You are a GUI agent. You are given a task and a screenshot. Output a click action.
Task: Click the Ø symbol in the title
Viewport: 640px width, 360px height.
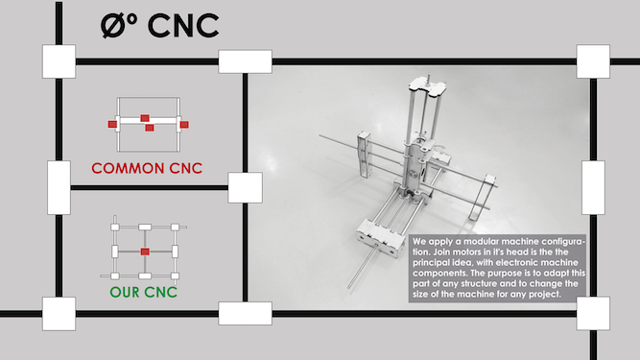(114, 26)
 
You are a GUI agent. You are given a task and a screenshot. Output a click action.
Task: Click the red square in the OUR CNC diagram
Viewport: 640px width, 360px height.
(145, 252)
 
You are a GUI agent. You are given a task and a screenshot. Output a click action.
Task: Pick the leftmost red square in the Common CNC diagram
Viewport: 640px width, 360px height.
(112, 124)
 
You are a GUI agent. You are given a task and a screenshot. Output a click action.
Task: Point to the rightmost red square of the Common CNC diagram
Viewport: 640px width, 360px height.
(184, 125)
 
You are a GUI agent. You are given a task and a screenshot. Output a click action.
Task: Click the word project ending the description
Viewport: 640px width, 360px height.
(545, 295)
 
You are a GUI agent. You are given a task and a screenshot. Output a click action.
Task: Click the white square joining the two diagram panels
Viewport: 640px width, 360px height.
(245, 188)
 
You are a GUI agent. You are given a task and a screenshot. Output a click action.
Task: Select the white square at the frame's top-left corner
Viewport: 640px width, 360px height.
(59, 61)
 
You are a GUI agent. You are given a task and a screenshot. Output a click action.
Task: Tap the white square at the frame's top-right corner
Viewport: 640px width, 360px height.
(593, 61)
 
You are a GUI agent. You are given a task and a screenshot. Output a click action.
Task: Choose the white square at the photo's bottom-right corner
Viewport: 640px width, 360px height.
(593, 314)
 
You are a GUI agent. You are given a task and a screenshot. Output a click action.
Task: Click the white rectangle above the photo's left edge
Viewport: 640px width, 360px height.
(245, 61)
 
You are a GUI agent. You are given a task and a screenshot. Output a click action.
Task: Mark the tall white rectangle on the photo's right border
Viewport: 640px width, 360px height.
(593, 188)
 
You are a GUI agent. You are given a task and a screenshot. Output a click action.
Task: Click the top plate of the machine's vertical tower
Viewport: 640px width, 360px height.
(428, 85)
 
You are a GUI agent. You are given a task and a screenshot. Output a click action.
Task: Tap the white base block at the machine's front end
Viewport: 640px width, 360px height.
(377, 237)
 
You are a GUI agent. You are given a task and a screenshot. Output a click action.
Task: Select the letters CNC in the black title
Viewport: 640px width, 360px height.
(183, 26)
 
